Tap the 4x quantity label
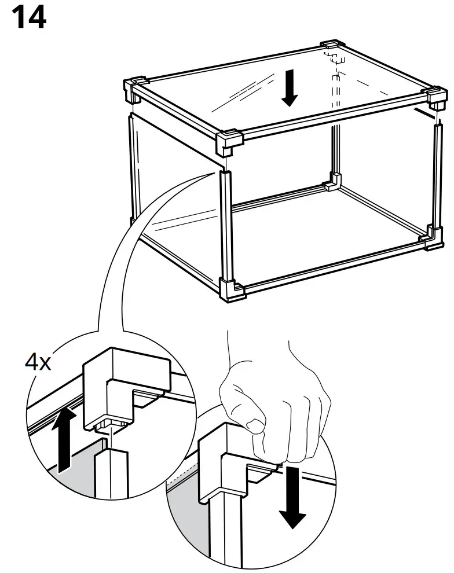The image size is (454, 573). pos(37,363)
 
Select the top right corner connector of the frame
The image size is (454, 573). pos(435,98)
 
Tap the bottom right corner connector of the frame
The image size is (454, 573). pos(434,238)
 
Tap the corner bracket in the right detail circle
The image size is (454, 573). pos(229,463)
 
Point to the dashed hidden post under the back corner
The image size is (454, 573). pos(334,87)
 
